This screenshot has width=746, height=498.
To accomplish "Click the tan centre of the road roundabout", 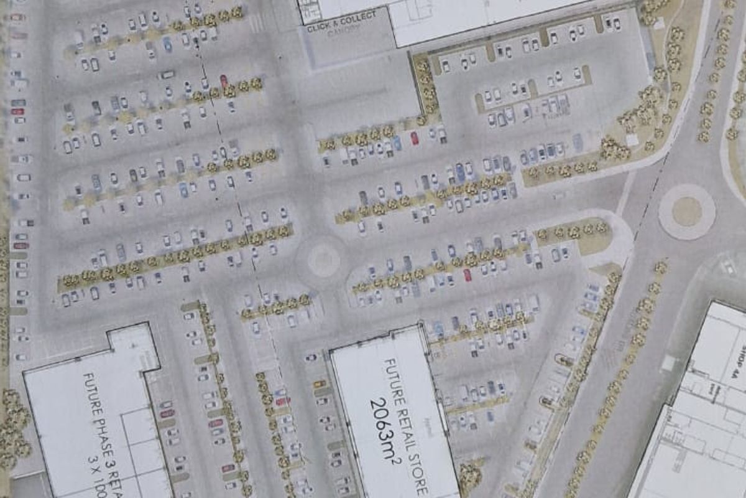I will [686, 212].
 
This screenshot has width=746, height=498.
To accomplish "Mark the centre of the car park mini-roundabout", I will [323, 260].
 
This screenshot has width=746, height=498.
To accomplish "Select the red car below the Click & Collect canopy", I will [414, 138].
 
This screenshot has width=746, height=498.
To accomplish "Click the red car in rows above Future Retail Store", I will [467, 275].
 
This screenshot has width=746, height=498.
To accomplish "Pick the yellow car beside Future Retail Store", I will [319, 383].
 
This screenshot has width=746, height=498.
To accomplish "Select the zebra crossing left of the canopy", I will [255, 24].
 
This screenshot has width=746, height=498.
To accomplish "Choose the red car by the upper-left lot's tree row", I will [224, 80].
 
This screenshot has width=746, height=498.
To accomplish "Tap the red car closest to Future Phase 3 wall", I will [166, 412].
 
